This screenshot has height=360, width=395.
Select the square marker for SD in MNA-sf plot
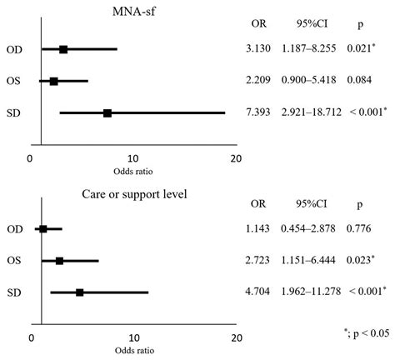[107, 112]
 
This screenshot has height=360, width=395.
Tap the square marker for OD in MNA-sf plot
[63, 49]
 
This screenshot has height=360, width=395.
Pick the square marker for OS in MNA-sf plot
[54, 81]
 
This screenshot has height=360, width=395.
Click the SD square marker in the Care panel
[80, 292]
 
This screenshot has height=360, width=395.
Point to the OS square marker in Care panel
[59, 261]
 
